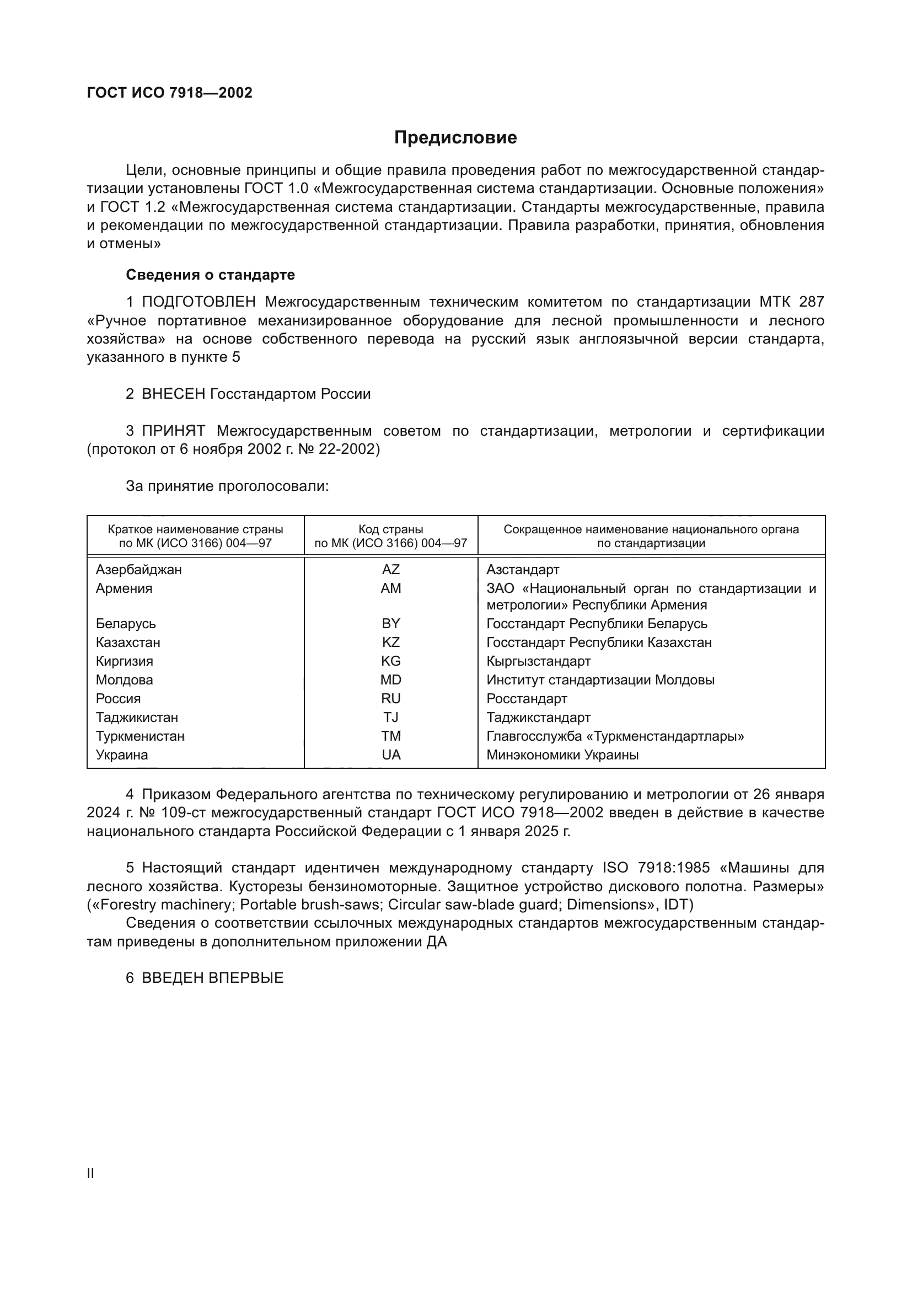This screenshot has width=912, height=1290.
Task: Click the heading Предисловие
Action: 455,138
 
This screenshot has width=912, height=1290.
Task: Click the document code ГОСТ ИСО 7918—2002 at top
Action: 170,93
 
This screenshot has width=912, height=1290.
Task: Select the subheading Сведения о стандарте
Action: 210,275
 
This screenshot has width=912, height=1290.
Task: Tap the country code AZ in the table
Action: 391,569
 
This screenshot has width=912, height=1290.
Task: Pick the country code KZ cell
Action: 391,642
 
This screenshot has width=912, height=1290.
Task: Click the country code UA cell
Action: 391,754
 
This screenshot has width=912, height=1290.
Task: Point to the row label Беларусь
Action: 126,624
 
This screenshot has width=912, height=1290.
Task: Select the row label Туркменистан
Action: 140,736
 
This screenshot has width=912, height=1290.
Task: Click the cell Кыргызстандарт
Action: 538,661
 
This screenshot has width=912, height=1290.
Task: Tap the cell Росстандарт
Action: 526,698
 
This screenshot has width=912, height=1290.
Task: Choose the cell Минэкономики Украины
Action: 562,754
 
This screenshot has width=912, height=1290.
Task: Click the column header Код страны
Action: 391,529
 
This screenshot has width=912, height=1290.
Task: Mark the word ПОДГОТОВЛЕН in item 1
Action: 199,302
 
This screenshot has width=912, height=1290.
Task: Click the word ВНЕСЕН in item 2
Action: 174,394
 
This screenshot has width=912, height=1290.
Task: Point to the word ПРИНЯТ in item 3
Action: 174,431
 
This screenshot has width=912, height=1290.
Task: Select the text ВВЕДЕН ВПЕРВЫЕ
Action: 212,978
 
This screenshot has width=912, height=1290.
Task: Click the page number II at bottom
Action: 90,1174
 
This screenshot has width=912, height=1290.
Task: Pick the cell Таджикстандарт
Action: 538,718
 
